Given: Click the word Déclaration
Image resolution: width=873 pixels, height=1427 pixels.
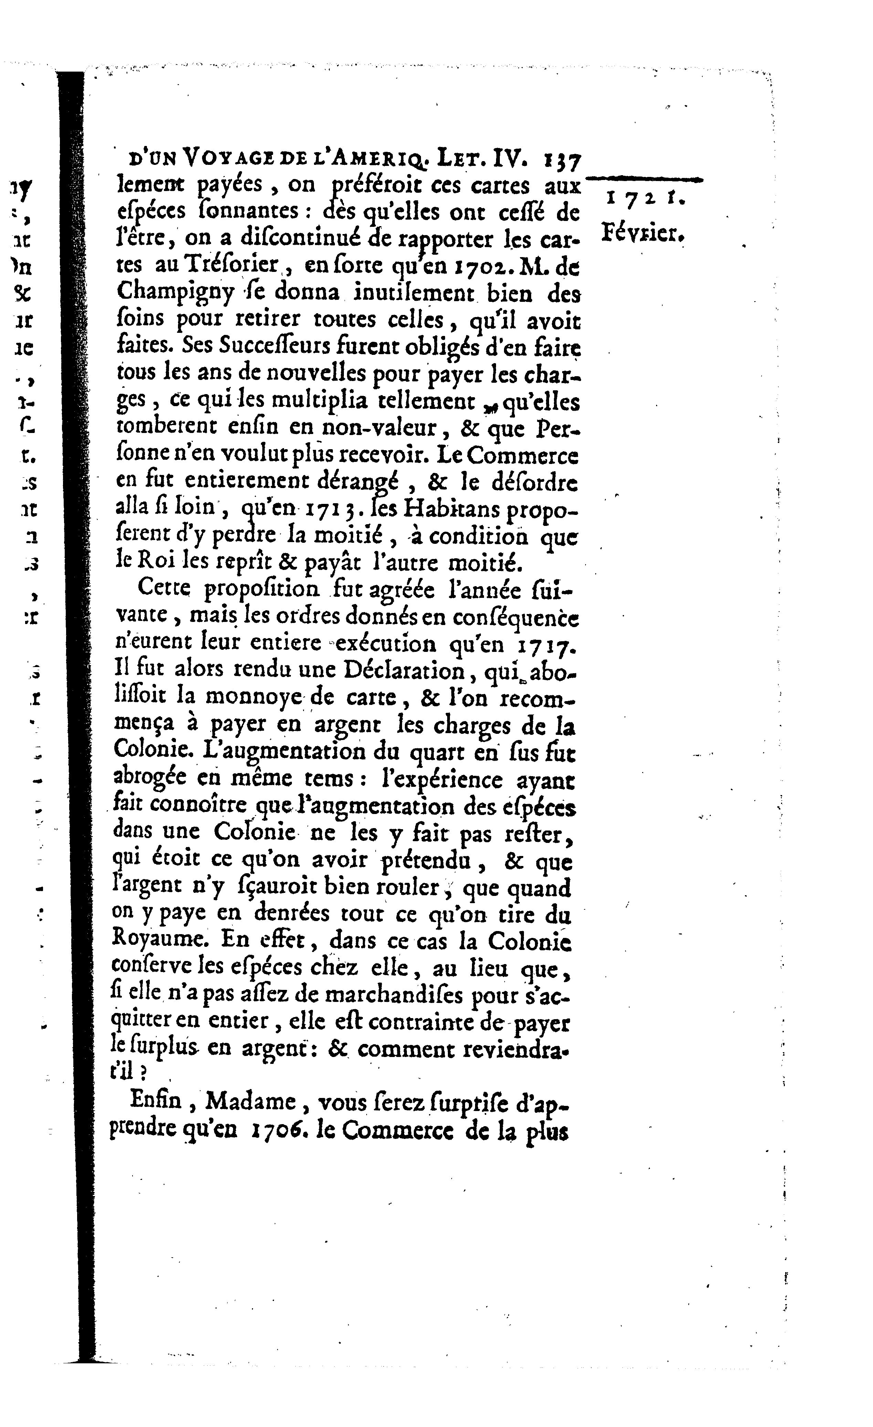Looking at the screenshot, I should click(404, 670).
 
